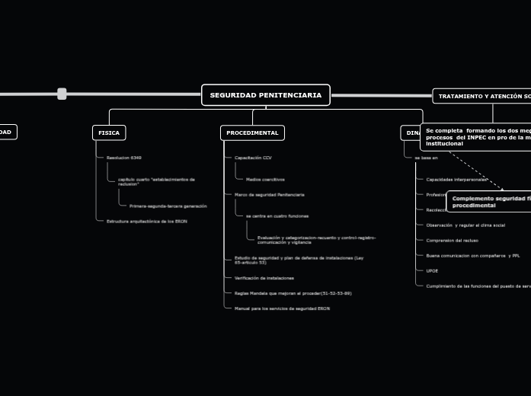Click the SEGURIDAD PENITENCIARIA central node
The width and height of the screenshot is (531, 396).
pos(265,95)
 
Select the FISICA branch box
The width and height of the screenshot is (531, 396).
pos(109,133)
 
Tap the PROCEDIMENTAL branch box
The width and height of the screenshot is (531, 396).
pos(252,133)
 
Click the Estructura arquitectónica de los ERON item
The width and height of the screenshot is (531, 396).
pos(146,221)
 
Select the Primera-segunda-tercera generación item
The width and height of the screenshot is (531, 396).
pos(168,206)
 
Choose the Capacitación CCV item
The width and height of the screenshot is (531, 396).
pos(253,158)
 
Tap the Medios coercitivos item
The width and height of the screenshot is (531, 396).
pos(265,180)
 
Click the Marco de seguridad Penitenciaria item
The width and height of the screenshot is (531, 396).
pos(269,195)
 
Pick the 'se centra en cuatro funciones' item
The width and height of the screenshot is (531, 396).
pos(277,216)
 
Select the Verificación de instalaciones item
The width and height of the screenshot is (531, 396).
pos(264,278)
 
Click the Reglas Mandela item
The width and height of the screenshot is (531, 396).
pos(293,293)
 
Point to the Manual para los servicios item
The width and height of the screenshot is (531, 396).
pos(282,308)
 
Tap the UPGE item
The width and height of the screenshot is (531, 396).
pos(432,270)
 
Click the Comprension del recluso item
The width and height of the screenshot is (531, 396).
pos(452,240)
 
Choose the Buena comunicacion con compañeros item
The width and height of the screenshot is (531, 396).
pos(472,255)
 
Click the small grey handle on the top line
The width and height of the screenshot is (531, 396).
pos(62,94)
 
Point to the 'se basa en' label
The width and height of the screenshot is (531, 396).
pos(426,158)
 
